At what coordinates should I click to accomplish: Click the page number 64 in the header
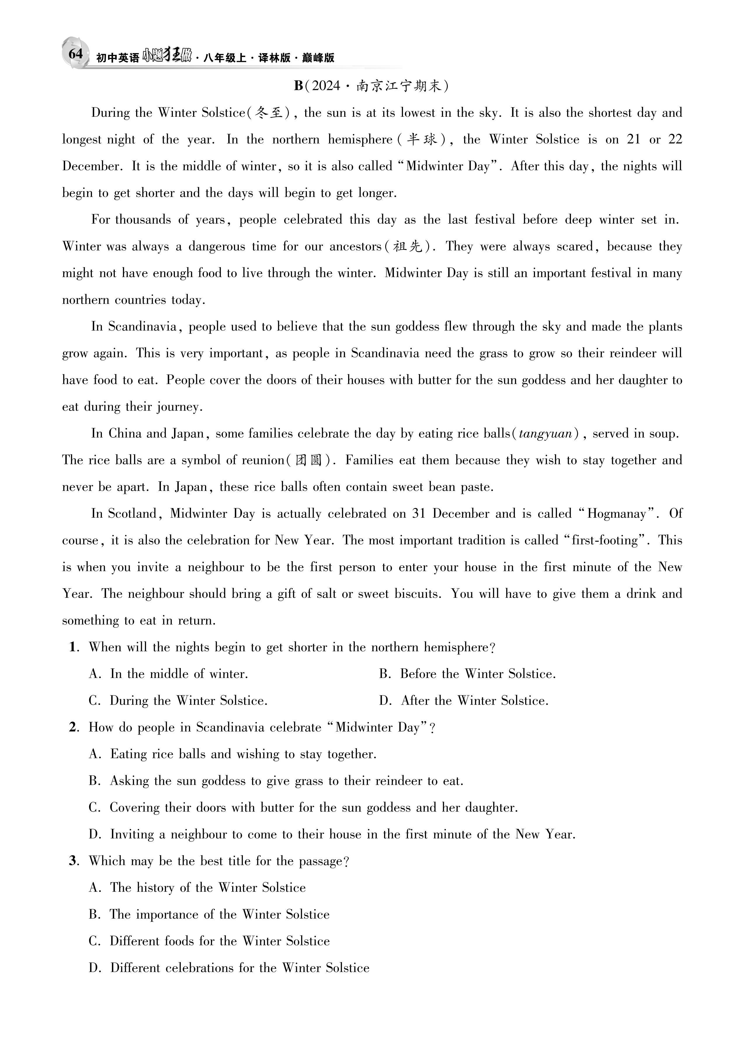point(76,54)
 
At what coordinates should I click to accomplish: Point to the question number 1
point(73,647)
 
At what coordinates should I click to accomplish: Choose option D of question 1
point(463,701)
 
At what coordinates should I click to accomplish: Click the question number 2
point(73,727)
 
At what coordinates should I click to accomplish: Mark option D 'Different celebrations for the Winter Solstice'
point(229,968)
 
